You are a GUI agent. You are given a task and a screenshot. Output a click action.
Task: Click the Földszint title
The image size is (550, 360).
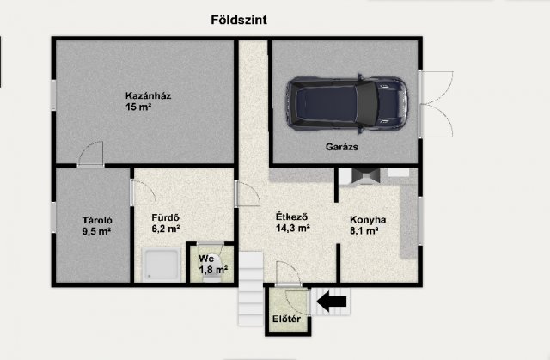(x=239, y=20)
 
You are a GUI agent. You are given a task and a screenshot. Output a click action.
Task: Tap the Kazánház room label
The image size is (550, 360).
(x=149, y=95)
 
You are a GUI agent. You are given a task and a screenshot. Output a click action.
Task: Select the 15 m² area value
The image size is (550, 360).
(x=138, y=107)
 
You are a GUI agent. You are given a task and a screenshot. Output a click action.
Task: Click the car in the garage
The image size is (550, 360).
(x=347, y=104)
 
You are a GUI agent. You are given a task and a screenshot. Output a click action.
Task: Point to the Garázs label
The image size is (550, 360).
(x=342, y=147)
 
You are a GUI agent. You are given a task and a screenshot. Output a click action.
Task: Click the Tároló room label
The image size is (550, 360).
(x=97, y=220)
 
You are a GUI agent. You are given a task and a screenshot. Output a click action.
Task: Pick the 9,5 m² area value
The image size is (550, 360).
(x=96, y=231)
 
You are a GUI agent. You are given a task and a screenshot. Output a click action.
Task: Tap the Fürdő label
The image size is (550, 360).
(x=165, y=217)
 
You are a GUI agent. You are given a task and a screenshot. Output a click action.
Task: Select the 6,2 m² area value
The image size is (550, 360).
(x=166, y=229)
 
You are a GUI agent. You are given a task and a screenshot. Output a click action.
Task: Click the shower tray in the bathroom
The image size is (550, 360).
(x=162, y=265)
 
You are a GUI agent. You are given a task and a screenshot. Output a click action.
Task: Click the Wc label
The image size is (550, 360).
(x=206, y=259)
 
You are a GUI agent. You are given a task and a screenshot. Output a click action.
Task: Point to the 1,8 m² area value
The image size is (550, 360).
(x=213, y=270)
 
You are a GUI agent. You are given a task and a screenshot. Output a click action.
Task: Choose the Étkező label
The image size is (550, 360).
(x=292, y=217)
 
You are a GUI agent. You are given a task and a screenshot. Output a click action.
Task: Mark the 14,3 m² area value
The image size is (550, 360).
(x=292, y=229)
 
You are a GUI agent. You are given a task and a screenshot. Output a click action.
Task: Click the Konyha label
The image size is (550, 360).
(x=368, y=220)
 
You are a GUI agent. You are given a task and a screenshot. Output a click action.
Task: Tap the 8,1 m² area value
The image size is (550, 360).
(x=364, y=231)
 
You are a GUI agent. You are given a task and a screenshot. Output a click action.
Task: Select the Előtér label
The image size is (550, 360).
(x=286, y=320)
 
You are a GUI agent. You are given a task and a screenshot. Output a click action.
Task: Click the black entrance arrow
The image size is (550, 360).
(x=332, y=302)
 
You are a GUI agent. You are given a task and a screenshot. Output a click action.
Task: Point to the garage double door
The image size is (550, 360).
(x=436, y=104)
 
